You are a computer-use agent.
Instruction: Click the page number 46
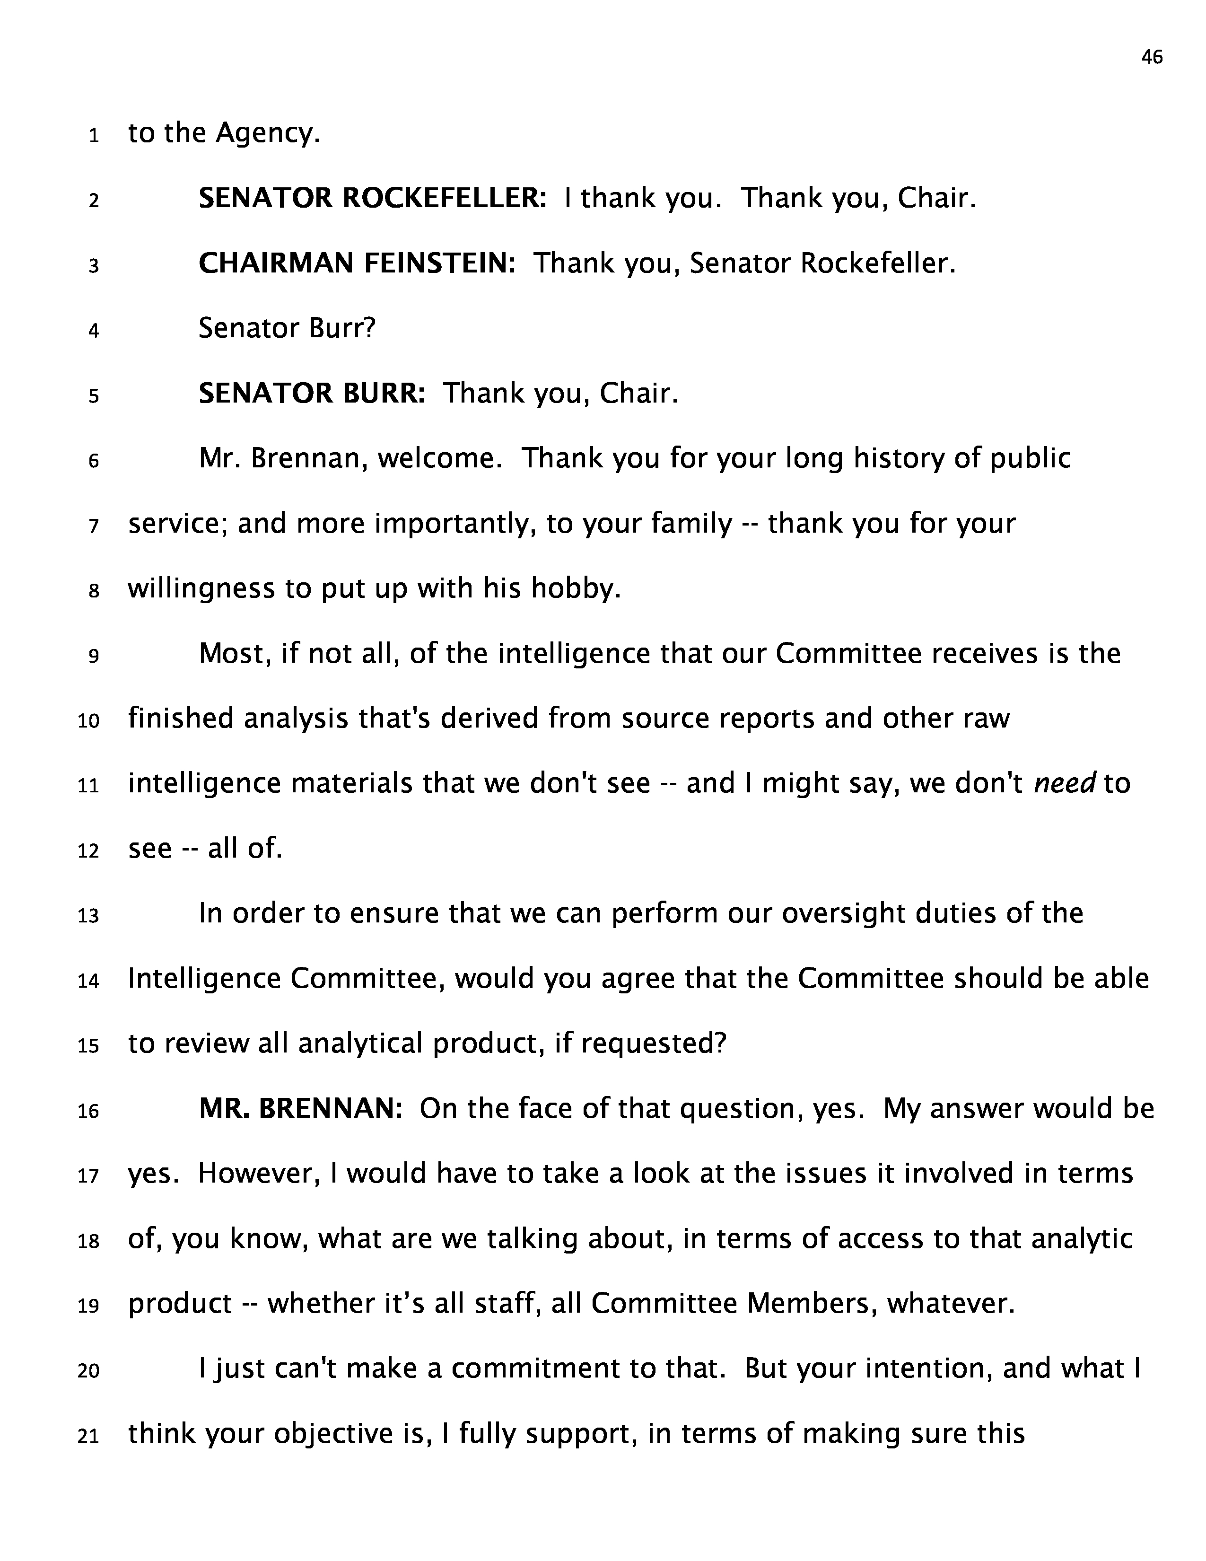point(1152,57)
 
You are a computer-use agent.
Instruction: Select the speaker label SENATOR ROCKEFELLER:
point(372,198)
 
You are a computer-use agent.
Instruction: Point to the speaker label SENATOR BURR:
point(312,393)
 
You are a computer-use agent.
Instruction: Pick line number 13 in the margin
point(88,916)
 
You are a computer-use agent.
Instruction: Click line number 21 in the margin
point(88,1435)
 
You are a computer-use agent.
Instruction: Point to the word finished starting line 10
point(181,719)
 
